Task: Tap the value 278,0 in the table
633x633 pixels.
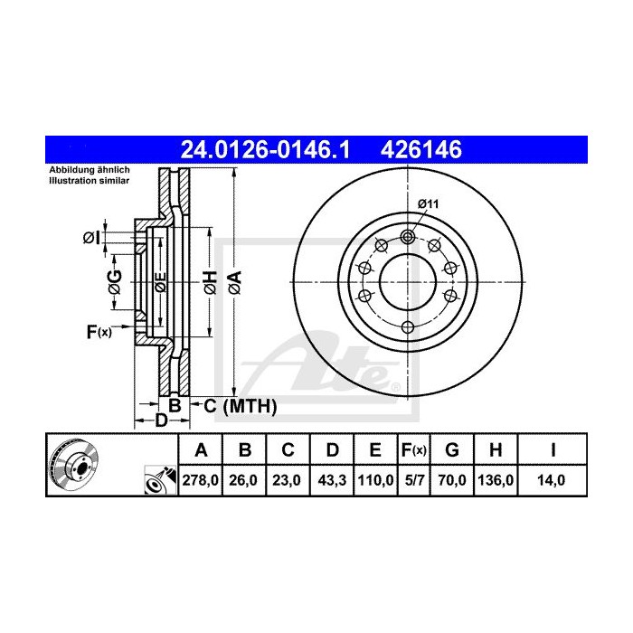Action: (202, 481)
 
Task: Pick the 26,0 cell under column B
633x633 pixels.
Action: (245, 481)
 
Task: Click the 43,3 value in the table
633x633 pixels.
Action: (332, 481)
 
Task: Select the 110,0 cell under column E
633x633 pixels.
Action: (375, 481)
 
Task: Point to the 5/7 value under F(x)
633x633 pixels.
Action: (414, 481)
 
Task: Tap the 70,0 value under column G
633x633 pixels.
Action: (453, 481)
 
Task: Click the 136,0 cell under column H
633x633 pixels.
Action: (496, 481)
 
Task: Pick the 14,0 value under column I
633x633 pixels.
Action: (551, 481)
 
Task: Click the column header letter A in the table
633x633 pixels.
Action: (202, 449)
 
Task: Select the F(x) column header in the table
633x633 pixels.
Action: (414, 449)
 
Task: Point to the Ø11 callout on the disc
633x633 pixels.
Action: (429, 204)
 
